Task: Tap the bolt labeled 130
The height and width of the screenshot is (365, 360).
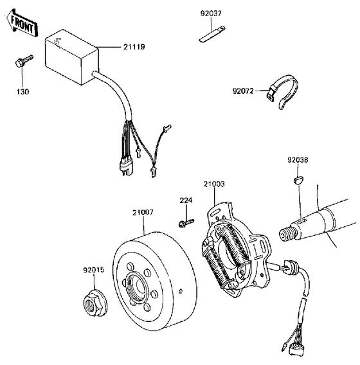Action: (x=19, y=63)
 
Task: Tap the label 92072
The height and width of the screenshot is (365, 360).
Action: (x=245, y=92)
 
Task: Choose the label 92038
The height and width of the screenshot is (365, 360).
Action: (x=298, y=159)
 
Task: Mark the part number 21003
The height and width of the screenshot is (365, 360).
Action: (x=215, y=184)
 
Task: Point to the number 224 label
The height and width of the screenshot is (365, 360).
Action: (x=185, y=200)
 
